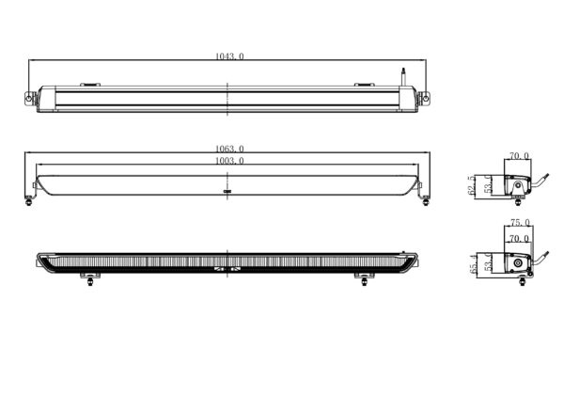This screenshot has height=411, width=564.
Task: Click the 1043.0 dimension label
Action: click(x=229, y=57)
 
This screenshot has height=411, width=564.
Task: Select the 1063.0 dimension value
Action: click(x=229, y=149)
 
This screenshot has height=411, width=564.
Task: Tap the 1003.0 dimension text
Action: click(x=229, y=161)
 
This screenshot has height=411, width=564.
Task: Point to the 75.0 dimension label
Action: click(x=520, y=223)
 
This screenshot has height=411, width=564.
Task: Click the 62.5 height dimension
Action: click(x=471, y=188)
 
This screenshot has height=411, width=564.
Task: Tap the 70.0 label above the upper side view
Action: click(x=519, y=156)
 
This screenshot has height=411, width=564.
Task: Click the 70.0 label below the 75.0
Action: click(x=519, y=239)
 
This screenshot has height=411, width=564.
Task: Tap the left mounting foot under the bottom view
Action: click(x=90, y=279)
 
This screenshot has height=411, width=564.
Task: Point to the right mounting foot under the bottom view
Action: click(x=363, y=279)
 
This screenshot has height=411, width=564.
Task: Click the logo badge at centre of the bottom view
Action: click(x=227, y=270)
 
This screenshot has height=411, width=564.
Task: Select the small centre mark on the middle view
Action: click(x=227, y=191)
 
